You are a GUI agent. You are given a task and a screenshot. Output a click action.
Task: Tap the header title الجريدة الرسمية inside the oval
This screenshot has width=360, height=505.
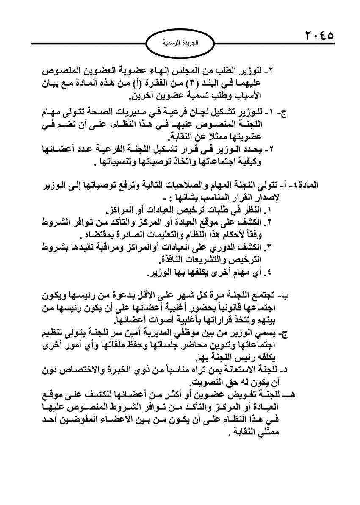point(180,42)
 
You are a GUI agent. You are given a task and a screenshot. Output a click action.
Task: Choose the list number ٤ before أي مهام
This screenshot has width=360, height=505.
point(267,271)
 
